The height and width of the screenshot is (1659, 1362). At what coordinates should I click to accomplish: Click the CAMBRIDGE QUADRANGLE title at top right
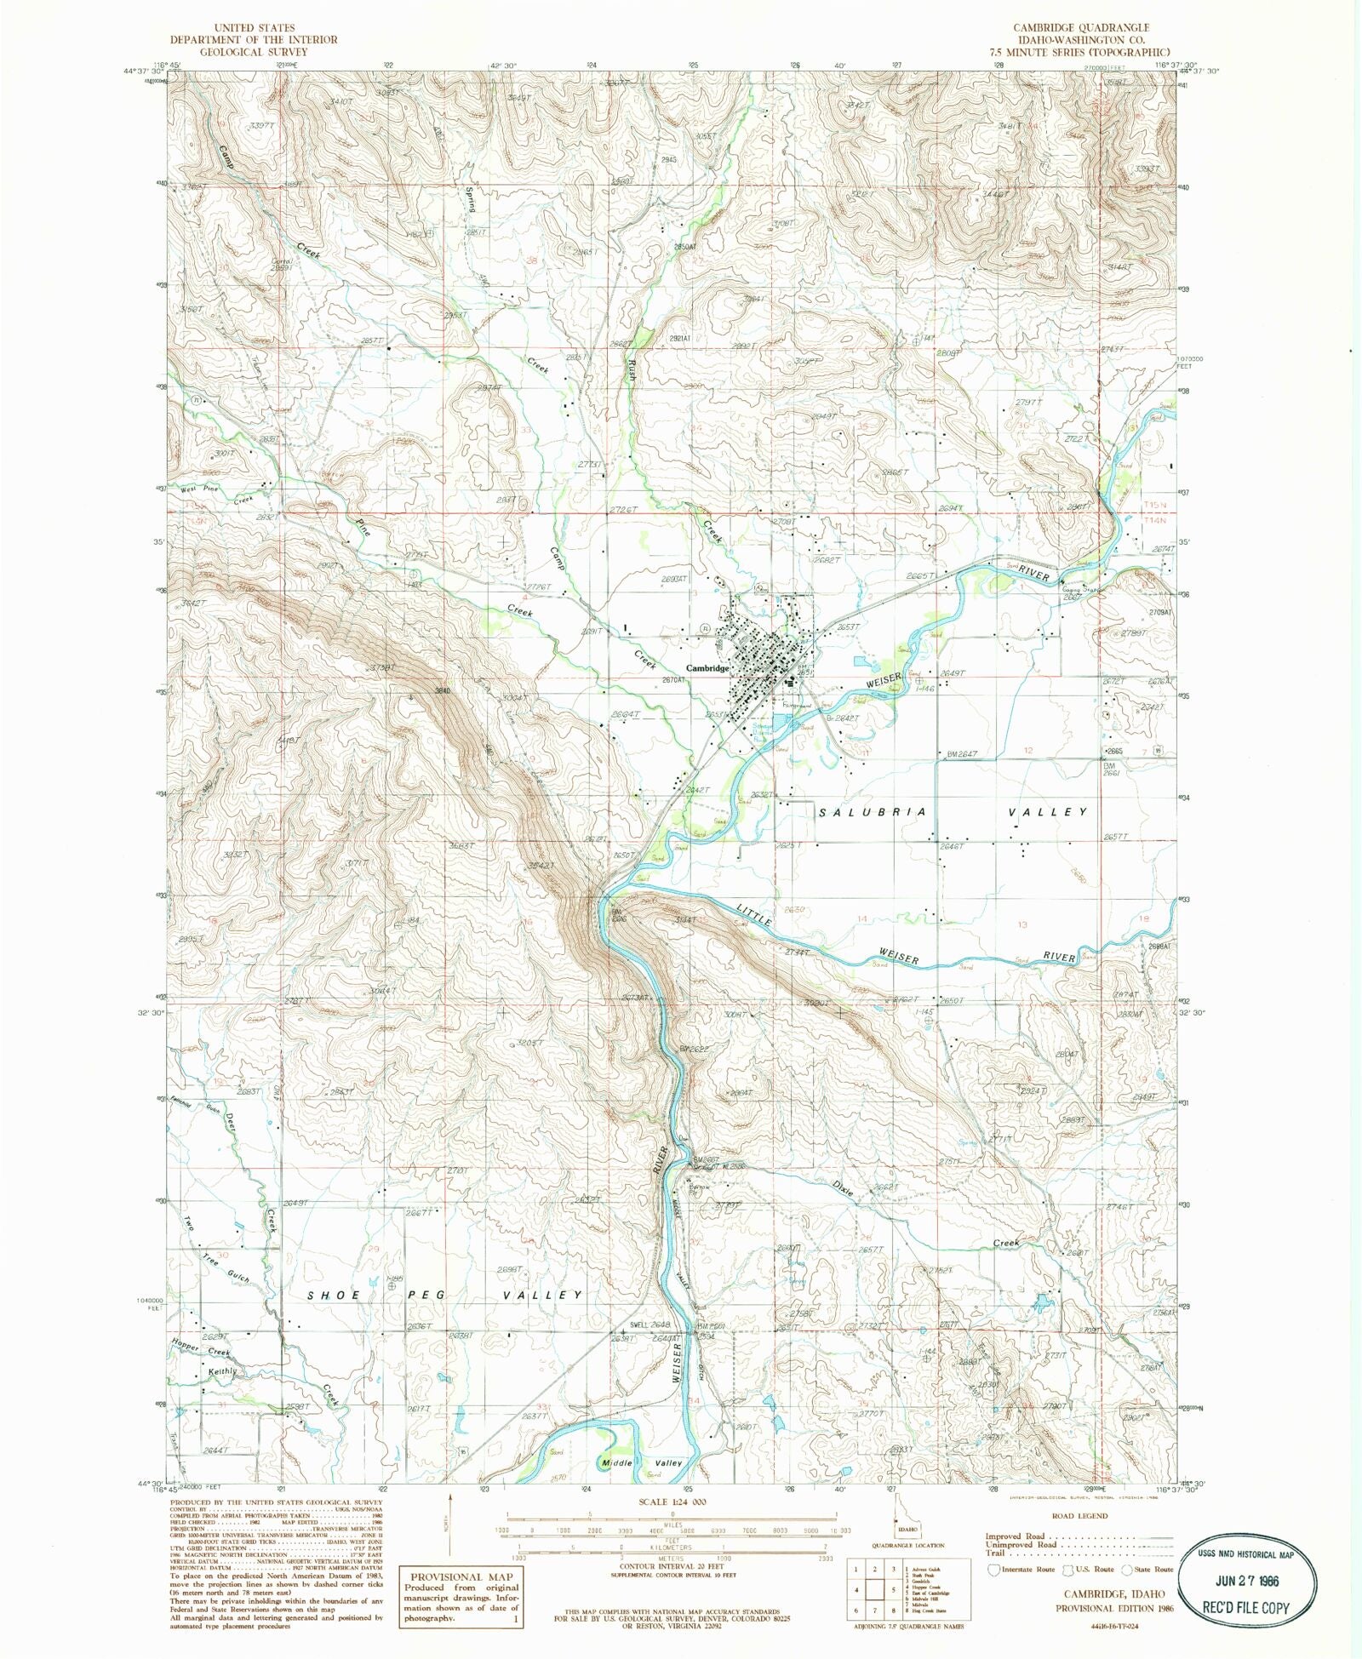1081,28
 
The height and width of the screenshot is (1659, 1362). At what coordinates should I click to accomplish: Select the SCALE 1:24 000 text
672,1502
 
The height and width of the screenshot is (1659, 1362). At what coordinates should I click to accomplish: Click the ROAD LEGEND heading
1079,1515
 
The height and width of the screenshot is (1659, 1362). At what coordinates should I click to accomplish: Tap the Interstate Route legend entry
1025,1569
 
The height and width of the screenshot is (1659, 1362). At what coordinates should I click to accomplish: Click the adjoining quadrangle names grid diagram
874,1588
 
